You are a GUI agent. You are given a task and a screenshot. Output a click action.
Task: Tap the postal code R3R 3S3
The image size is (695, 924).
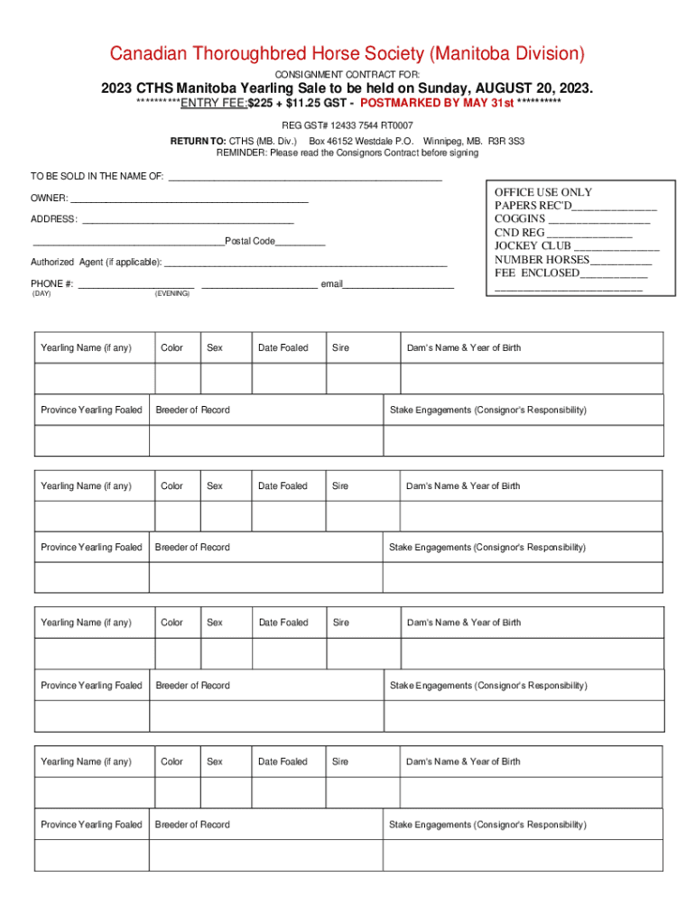click(x=506, y=142)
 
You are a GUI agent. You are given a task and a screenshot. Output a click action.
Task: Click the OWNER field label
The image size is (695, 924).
click(x=49, y=198)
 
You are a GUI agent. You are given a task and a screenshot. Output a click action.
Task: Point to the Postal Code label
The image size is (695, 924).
click(x=250, y=241)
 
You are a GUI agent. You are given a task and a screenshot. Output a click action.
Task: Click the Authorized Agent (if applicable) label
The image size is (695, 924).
click(x=97, y=263)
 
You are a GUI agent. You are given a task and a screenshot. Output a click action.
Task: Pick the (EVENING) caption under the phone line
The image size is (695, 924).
click(x=172, y=294)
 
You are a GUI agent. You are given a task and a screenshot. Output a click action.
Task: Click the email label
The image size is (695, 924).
click(x=331, y=284)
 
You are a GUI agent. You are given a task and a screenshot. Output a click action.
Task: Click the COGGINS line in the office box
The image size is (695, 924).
click(x=520, y=218)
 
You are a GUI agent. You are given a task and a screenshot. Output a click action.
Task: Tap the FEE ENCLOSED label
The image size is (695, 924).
click(x=536, y=273)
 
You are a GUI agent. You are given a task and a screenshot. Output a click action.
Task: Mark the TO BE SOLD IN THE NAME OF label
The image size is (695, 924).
click(x=97, y=177)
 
